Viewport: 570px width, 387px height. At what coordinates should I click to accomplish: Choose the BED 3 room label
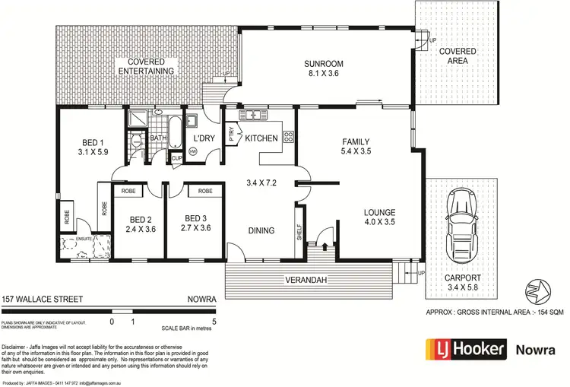pyautogui.click(x=197, y=221)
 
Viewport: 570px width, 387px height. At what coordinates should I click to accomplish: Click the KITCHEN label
pyautogui.click(x=261, y=138)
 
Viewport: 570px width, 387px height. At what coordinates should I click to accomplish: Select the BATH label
pyautogui.click(x=158, y=138)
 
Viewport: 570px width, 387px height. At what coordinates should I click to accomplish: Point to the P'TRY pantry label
pyautogui.click(x=233, y=137)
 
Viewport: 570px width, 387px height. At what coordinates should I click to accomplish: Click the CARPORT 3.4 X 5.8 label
pyautogui.click(x=463, y=283)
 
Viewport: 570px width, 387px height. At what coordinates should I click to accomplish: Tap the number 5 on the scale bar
pyautogui.click(x=214, y=322)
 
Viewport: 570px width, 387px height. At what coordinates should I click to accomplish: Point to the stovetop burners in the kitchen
pyautogui.click(x=289, y=138)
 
